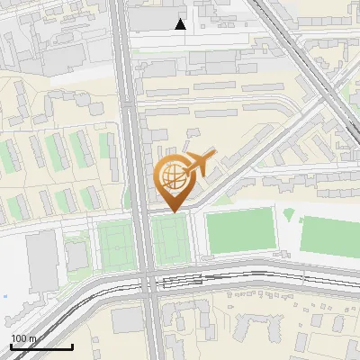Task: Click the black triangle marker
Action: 181,24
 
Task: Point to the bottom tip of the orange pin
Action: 173,212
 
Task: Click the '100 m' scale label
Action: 23,338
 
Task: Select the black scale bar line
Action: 41,346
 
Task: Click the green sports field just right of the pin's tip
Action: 239,231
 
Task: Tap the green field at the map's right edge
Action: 329,237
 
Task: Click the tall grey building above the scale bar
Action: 42,260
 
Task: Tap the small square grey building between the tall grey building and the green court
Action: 77,255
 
